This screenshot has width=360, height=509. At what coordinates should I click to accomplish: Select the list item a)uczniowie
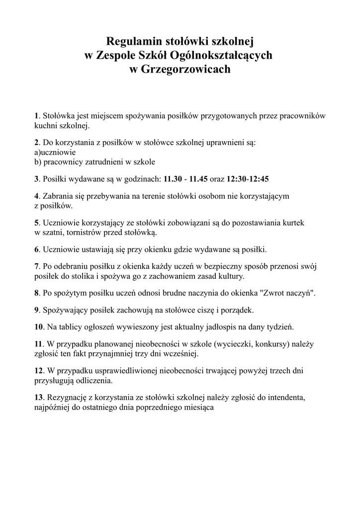[x=55, y=152]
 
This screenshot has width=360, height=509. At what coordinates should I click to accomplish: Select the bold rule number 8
[x=36, y=293]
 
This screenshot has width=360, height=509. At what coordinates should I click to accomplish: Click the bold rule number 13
[x=39, y=398]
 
